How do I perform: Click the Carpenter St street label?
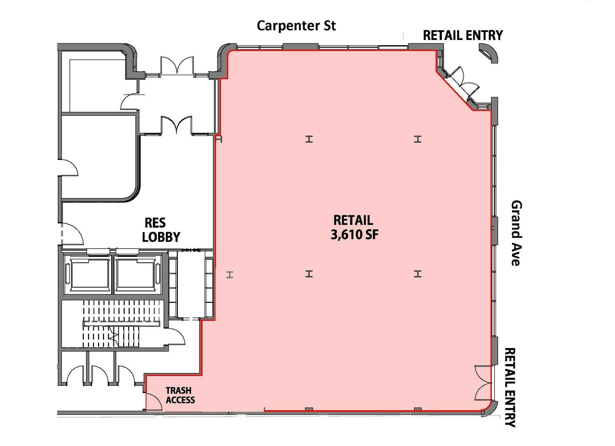(x=296, y=26)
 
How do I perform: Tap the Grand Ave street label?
(x=516, y=233)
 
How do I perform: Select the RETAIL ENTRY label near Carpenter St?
(x=463, y=35)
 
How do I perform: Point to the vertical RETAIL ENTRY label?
(x=510, y=387)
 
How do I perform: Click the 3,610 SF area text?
(x=355, y=235)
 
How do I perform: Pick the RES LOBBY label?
(x=161, y=230)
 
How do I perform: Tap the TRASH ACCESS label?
(x=180, y=395)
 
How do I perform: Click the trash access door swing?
(x=153, y=402)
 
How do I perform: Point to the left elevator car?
(x=90, y=274)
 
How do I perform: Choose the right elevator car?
(x=135, y=274)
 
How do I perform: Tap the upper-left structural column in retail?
(x=309, y=139)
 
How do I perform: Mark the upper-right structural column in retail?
(x=417, y=139)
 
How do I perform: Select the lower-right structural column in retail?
(x=417, y=274)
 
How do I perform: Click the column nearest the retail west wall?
(x=230, y=275)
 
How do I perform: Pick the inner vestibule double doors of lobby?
(x=177, y=125)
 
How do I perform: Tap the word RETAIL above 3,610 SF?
(x=353, y=220)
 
